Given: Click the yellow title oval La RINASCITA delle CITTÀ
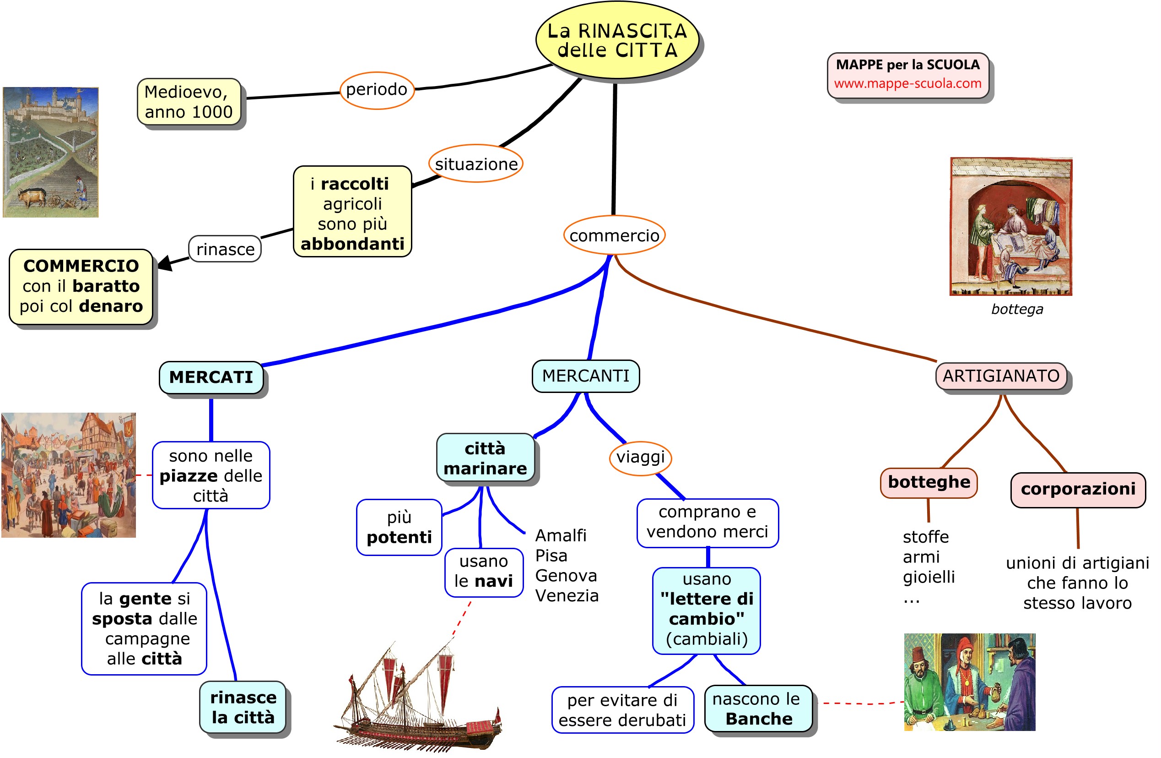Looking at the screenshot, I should [x=616, y=40].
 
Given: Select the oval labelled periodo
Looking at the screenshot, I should [x=377, y=90].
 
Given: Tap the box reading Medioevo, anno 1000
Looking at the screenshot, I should [x=189, y=102].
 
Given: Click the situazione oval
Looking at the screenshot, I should [x=475, y=164].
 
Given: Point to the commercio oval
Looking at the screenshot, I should [x=614, y=235].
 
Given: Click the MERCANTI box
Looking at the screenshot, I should [x=585, y=376].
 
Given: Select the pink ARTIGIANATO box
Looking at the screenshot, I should [x=1000, y=376].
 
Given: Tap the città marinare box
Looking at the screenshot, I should [x=485, y=458].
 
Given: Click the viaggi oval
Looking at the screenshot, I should [x=640, y=458].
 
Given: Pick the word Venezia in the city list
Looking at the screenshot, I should [x=567, y=595].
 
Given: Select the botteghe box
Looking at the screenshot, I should [x=929, y=482].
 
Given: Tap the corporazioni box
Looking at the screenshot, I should [x=1078, y=489].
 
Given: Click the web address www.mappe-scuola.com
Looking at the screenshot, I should [x=907, y=83].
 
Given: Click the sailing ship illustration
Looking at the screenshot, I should [x=420, y=703].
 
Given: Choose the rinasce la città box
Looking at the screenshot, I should [x=243, y=707].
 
